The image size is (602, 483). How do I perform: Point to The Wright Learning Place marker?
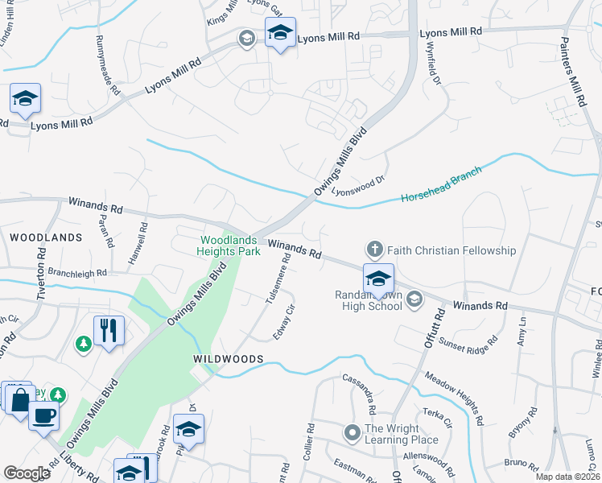[352, 433]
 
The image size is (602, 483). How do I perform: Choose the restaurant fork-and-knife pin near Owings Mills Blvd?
[109, 329]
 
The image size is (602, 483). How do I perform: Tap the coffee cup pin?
[44, 415]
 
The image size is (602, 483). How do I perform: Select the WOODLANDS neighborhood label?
[46, 237]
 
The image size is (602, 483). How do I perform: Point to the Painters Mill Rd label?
[576, 73]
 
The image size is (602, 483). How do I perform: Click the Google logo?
[27, 473]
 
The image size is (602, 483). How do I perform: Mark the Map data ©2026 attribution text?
[567, 477]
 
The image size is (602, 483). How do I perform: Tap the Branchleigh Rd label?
[77, 273]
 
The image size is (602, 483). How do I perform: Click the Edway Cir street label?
[282, 322]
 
